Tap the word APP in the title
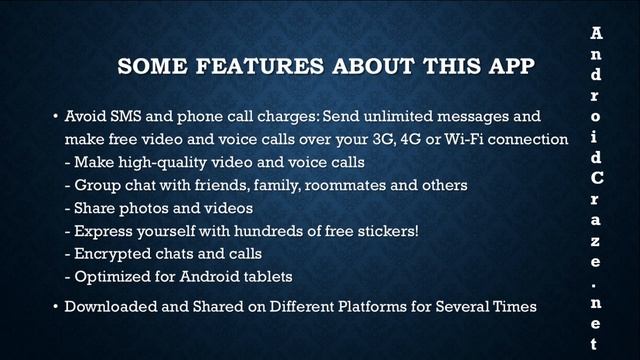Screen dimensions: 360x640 [504, 68]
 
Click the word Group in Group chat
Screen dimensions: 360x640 [99, 184]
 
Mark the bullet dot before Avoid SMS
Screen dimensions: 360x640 [54, 117]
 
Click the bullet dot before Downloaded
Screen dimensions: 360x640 [54, 306]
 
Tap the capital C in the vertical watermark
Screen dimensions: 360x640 [596, 178]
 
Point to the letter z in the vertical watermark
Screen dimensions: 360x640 [596, 241]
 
